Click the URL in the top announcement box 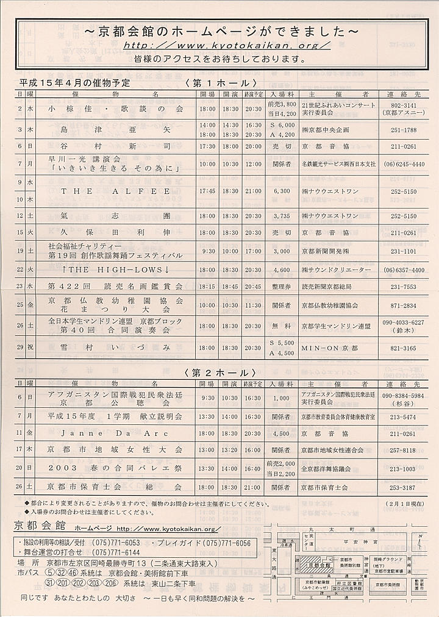point(227,45)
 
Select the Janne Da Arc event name point(115,433)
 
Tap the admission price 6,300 point(282,191)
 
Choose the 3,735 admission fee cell point(282,216)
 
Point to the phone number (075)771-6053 point(115,543)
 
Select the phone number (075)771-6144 point(115,552)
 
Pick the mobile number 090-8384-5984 point(402,396)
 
